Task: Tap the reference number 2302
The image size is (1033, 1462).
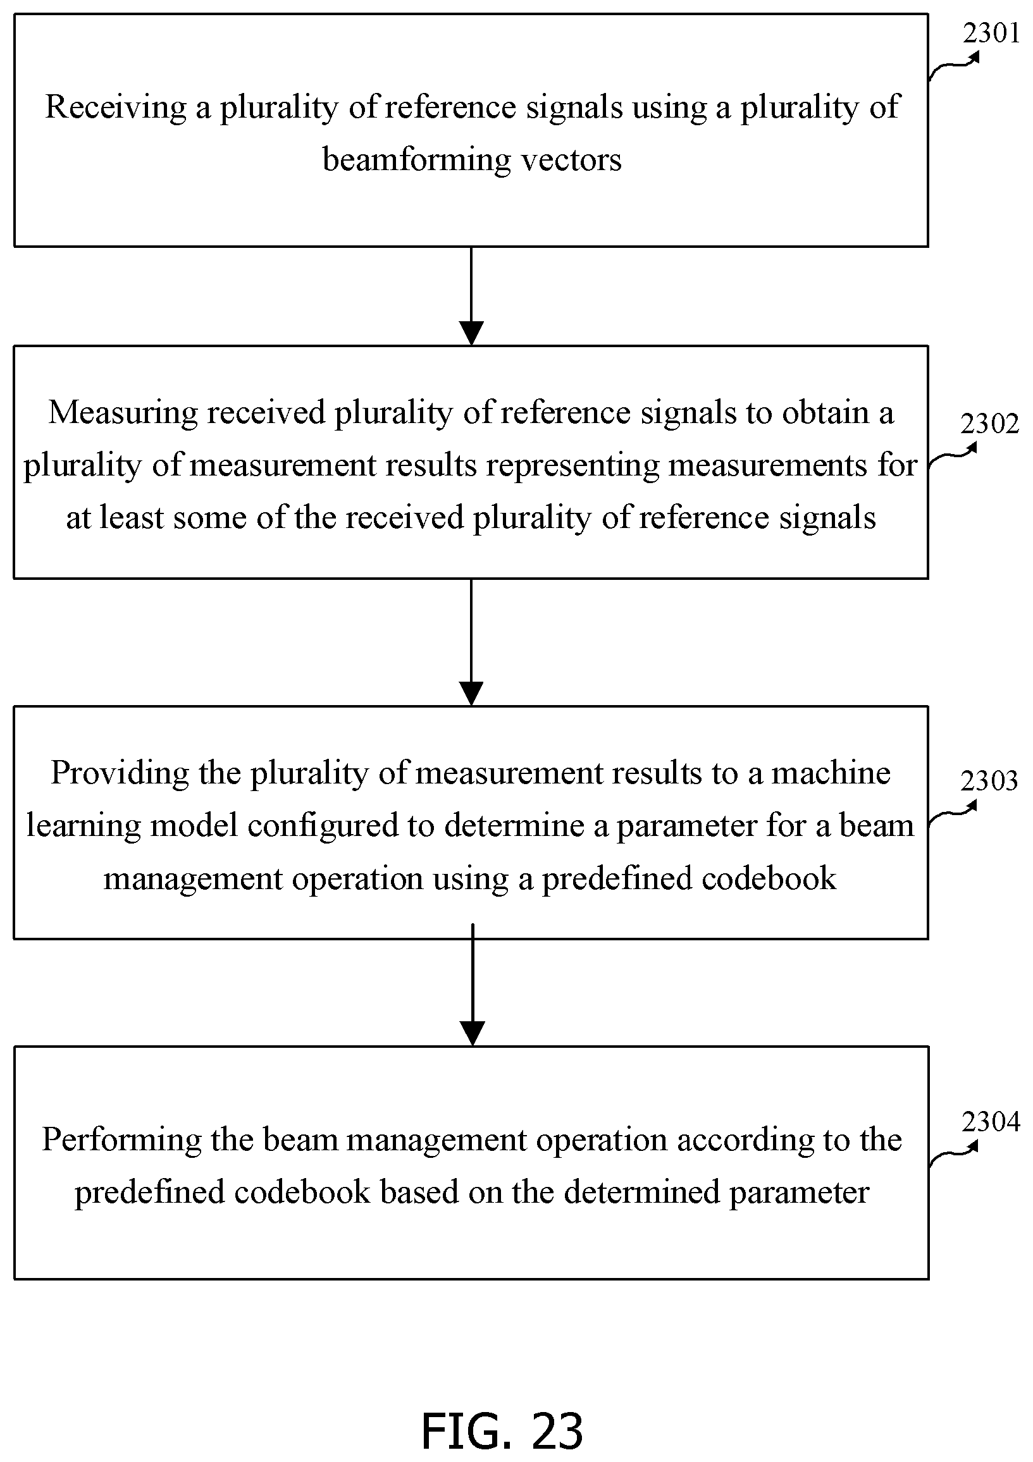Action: click(x=990, y=424)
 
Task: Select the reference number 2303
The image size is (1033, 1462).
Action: click(x=990, y=781)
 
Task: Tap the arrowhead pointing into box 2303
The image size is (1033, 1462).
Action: click(x=471, y=694)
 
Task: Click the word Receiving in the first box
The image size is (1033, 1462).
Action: click(x=116, y=107)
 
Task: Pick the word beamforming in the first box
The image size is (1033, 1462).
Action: click(x=416, y=159)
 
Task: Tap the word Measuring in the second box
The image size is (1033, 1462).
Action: click(x=123, y=413)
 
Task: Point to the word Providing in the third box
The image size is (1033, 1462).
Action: click(x=120, y=773)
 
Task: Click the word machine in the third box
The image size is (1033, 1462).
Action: click(x=831, y=773)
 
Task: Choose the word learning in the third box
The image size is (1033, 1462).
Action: click(x=83, y=826)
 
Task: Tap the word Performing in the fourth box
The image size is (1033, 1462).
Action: click(x=121, y=1139)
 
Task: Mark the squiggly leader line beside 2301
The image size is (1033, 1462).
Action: click(x=953, y=66)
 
